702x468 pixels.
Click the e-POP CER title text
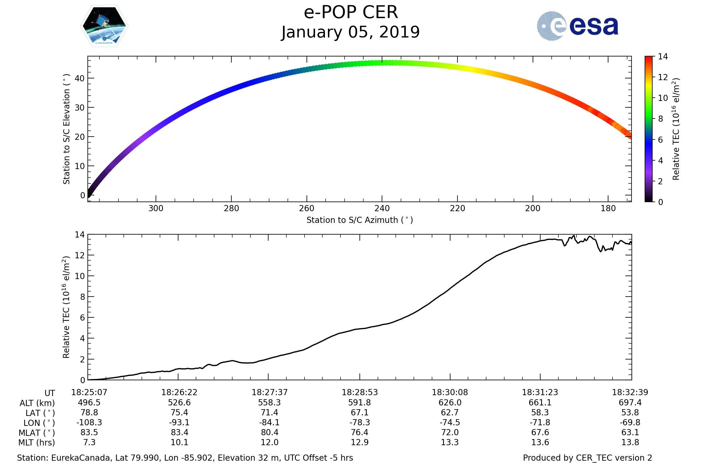coord(351,13)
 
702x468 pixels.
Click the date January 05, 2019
coord(351,32)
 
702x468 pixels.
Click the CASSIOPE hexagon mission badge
coord(104,26)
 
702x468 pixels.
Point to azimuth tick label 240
coord(382,209)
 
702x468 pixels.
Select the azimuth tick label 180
coord(608,209)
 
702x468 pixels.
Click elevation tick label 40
coord(80,78)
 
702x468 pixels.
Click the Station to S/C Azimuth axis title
coord(360,220)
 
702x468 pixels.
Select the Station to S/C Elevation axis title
coord(66,129)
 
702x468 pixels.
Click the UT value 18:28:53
coord(360,393)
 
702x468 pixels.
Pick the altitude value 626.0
coord(450,403)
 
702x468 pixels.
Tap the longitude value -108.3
coord(89,423)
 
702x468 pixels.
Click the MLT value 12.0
coord(269,442)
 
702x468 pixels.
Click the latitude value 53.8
coord(630,412)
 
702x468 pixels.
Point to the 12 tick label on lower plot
coord(80,255)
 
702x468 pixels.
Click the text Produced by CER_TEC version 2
coord(587,458)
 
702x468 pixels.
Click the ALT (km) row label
coord(37,403)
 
